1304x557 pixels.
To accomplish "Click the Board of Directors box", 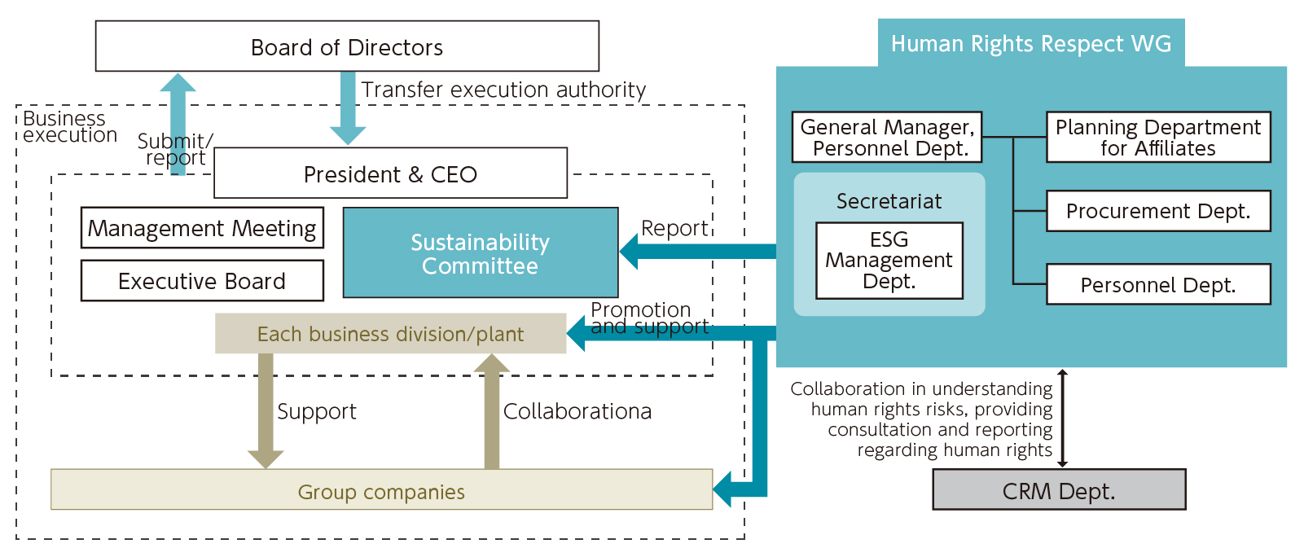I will click(x=347, y=46).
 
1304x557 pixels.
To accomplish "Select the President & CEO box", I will click(x=390, y=173).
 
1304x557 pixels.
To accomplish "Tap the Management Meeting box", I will click(x=202, y=228).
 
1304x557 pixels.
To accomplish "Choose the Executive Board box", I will click(x=202, y=281).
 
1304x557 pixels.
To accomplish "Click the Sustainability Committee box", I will click(x=480, y=253).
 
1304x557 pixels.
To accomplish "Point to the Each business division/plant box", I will click(x=390, y=334).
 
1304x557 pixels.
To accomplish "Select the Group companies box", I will click(x=381, y=490).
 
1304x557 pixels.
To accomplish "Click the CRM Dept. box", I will click(x=1059, y=490).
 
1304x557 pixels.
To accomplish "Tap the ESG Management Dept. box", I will click(x=889, y=261).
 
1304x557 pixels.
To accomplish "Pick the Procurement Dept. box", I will click(x=1157, y=211).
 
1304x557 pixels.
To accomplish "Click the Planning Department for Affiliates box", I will click(x=1157, y=138).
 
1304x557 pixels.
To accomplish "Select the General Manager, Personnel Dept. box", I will click(x=887, y=138).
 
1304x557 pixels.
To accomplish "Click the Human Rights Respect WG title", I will click(x=1031, y=43).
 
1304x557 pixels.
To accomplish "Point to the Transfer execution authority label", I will click(x=503, y=90).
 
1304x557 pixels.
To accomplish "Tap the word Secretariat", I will click(x=889, y=201).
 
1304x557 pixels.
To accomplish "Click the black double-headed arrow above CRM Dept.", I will click(x=1062, y=419).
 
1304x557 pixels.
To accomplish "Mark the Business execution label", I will click(x=68, y=127).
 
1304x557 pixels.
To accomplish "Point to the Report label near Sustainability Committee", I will click(x=674, y=228).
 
